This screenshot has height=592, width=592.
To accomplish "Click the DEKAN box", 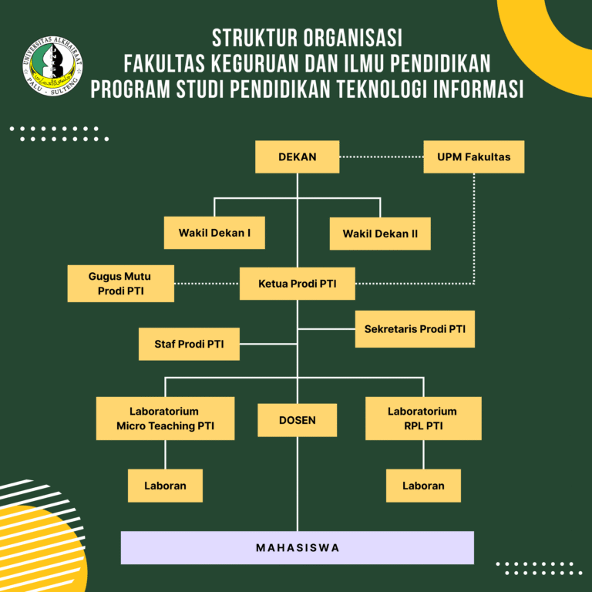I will click(297, 157).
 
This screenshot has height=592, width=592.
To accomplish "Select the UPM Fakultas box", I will click(474, 157).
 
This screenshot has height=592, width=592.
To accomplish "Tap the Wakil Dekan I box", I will click(214, 233).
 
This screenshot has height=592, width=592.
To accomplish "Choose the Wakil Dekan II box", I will click(380, 234).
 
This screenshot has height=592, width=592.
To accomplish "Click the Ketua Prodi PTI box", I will click(297, 284).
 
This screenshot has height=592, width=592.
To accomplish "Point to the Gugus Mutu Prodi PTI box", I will click(121, 283).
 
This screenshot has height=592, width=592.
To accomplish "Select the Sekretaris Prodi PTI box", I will click(415, 329).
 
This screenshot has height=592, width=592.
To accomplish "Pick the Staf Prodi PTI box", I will click(189, 344).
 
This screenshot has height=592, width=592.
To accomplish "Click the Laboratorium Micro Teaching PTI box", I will click(165, 419).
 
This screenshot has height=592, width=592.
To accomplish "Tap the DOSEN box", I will click(297, 420).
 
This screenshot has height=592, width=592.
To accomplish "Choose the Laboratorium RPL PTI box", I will click(422, 419).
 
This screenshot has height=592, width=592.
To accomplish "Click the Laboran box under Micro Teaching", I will click(165, 486).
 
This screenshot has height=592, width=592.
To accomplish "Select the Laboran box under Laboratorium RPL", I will click(423, 486).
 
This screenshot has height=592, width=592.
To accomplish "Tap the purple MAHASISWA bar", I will click(297, 547).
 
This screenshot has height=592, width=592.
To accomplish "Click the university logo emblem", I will click(52, 67).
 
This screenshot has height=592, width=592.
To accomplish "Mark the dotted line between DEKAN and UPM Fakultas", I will click(382, 157).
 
